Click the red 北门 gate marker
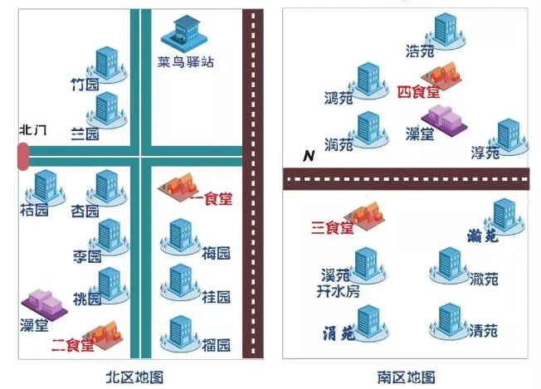pyautogui.click(x=23, y=157)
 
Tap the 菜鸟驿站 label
pyautogui.click(x=186, y=62)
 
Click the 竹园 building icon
pyautogui.click(x=107, y=64)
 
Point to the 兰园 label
pyautogui.click(x=85, y=134)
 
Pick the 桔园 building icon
pyautogui.click(x=45, y=187)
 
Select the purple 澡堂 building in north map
pyautogui.click(x=45, y=305)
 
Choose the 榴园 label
pyautogui.click(x=216, y=345)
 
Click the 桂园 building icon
pyautogui.click(x=180, y=283)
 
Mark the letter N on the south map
pyautogui.click(x=309, y=156)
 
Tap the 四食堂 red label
pyautogui.click(x=418, y=92)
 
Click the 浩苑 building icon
pyautogui.click(x=446, y=31)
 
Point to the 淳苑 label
pyautogui.click(x=485, y=153)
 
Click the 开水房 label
pyautogui.click(x=339, y=291)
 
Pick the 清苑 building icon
pyautogui.click(x=450, y=321)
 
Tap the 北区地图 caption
pyautogui.click(x=134, y=377)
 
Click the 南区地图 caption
pyautogui.click(x=406, y=377)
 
